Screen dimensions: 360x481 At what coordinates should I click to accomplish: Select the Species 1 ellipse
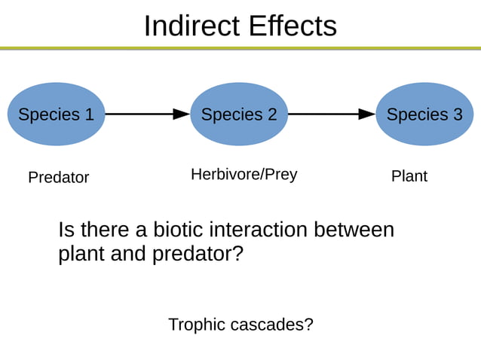[56, 114]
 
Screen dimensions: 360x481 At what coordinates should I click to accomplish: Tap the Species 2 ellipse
[239, 114]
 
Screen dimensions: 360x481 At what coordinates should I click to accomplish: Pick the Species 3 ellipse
[424, 114]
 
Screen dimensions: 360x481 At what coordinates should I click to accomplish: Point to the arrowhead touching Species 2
[182, 114]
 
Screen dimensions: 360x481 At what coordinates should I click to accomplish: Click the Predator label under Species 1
[58, 178]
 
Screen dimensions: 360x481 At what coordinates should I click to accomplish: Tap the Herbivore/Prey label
[244, 175]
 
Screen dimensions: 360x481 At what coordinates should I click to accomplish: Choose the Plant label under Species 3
[409, 176]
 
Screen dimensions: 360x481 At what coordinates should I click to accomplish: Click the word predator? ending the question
[198, 255]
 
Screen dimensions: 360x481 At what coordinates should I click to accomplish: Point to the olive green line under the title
[240, 48]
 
